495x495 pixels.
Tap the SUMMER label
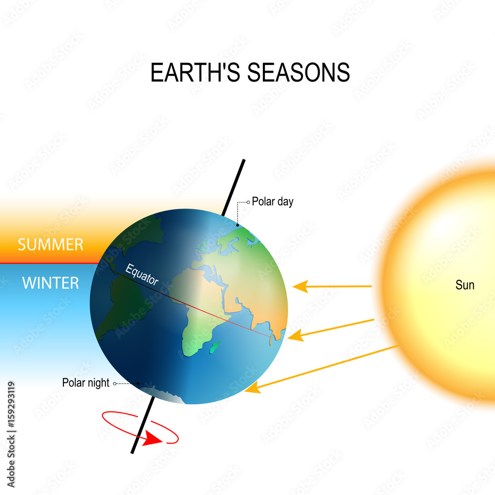coord(50,245)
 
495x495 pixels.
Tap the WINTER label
coord(50,283)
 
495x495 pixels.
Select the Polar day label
coord(273,201)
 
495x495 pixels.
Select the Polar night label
coord(86,383)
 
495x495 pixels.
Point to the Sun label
coord(465,285)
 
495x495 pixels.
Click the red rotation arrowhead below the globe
coord(151,440)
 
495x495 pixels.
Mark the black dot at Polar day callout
coord(237,225)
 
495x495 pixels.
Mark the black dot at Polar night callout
coord(139,383)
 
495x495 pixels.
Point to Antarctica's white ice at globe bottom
coord(168,396)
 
